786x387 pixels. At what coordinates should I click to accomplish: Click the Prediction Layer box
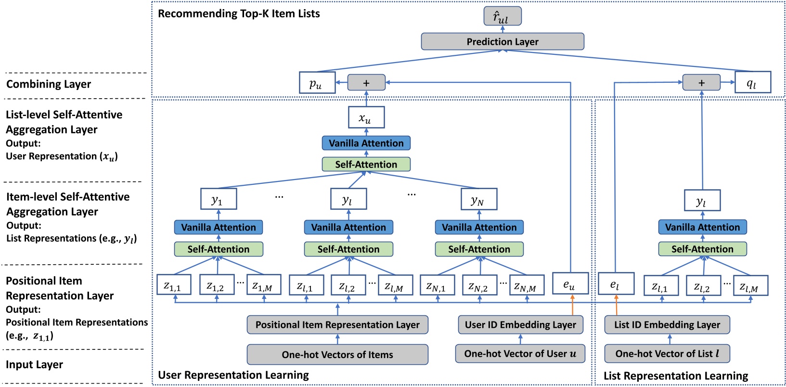pos(502,41)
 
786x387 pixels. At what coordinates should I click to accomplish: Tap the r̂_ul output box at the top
pos(502,16)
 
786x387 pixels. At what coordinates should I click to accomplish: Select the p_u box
pos(317,83)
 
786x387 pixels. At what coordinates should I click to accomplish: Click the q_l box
pos(752,82)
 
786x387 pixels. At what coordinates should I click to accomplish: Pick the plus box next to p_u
pos(366,83)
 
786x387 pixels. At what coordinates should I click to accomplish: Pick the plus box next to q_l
pos(701,82)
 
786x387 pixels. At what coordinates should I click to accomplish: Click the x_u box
pos(366,117)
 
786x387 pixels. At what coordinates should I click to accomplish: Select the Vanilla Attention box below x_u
pos(366,143)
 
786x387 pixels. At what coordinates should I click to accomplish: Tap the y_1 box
pos(218,199)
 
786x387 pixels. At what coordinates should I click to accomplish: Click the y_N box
pos(478,199)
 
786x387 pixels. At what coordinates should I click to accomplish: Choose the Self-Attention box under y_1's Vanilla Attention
pos(218,249)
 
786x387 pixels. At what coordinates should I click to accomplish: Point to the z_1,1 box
pos(174,285)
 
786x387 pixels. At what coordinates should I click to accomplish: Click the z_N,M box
pos(527,285)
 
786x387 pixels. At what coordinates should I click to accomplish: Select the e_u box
pos(570,284)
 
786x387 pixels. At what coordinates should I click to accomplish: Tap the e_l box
pos(616,284)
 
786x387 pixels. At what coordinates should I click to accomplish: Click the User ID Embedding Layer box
pos(520,324)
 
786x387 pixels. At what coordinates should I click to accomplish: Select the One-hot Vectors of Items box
pos(337,354)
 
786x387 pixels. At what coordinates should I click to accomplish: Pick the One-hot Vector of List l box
pos(667,353)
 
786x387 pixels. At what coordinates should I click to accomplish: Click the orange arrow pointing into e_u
pos(572,305)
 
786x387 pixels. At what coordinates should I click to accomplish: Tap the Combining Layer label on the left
pos(49,84)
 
